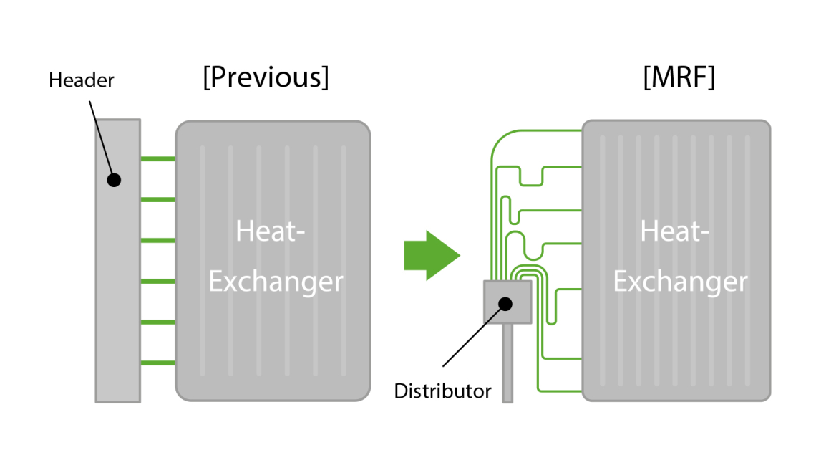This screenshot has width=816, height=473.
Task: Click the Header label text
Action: coord(81,80)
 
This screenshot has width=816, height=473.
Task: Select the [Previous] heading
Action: coord(266,78)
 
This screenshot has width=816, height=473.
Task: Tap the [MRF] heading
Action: coord(679,78)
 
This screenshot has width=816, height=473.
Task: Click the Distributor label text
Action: coord(443,391)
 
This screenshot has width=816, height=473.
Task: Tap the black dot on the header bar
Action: coord(113,179)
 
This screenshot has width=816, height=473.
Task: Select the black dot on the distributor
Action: coord(505,303)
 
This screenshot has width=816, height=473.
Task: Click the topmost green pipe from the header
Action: coord(157,158)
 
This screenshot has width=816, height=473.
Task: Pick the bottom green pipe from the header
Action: coord(157,363)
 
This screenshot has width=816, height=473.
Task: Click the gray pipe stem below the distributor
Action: coord(507,365)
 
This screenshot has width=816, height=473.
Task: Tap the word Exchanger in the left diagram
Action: coord(276,281)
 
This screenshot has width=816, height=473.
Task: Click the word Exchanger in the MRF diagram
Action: coord(680,281)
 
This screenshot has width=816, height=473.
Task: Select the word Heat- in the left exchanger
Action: coord(271,231)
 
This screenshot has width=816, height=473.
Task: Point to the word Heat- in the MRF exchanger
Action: coord(674,231)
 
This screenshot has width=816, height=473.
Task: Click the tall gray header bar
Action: coord(117,287)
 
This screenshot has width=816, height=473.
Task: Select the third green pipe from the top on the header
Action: coord(157,240)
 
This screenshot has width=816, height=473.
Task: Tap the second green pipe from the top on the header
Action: coord(157,199)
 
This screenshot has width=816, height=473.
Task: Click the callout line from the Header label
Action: coord(99,136)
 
